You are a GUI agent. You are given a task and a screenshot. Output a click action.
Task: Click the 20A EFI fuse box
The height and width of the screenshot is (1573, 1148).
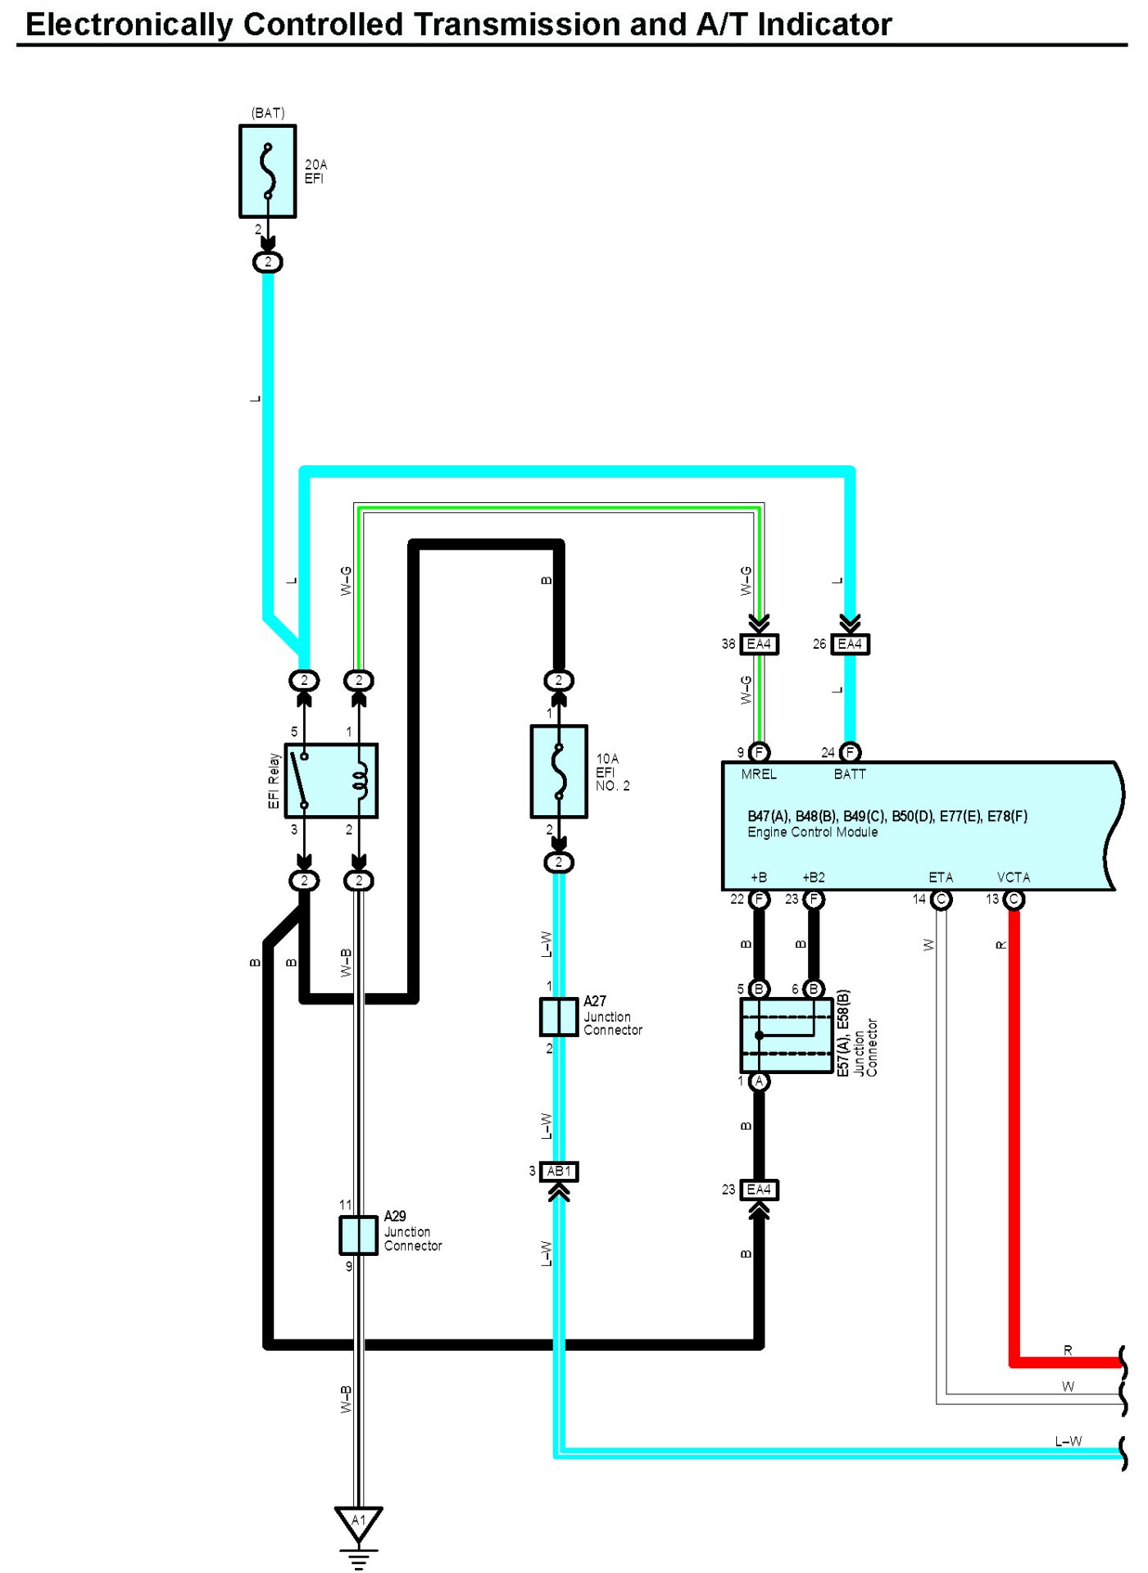[267, 171]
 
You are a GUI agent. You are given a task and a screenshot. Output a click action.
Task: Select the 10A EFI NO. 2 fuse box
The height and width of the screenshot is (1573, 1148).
[559, 771]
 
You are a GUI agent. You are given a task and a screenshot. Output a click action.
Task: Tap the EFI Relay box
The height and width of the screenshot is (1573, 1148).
[331, 781]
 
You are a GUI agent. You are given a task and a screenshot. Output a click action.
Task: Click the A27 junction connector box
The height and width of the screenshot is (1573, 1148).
[559, 1017]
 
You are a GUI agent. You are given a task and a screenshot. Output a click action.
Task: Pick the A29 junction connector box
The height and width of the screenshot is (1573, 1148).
[358, 1235]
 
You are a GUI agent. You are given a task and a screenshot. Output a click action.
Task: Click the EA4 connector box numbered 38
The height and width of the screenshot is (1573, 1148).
[759, 644]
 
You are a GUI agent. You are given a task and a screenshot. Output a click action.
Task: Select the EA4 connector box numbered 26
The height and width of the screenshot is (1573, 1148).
[850, 644]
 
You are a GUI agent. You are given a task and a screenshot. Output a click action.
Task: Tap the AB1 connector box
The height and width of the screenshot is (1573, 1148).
[559, 1172]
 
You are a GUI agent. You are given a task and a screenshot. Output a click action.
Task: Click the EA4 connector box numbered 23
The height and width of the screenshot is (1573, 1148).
[759, 1190]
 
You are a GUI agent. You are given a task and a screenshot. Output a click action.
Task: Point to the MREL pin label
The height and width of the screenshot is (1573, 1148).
[759, 774]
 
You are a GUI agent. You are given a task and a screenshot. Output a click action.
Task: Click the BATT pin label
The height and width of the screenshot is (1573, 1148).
[850, 774]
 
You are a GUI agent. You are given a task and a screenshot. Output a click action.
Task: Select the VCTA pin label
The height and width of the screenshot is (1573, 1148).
[1014, 877]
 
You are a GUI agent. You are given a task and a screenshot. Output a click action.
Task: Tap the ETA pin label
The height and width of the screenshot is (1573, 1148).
[941, 877]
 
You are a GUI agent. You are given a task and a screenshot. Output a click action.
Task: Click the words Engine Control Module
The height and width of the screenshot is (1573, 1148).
[812, 832]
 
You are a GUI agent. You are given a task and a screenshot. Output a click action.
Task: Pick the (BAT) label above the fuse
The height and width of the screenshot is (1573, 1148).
[268, 113]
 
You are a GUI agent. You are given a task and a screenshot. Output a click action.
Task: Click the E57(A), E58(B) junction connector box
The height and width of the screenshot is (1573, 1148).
[787, 1036]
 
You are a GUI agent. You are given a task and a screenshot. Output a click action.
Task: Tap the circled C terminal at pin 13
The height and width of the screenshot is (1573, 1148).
[1014, 900]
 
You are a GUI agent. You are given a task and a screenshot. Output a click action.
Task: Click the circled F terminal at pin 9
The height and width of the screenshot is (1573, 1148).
[759, 752]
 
